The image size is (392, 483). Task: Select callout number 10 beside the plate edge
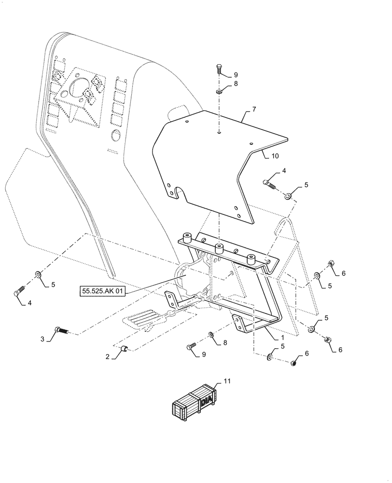275,156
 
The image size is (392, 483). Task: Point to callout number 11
227,382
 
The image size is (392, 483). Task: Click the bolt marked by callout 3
61,331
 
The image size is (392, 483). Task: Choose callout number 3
42,340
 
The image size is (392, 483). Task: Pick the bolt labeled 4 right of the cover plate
269,183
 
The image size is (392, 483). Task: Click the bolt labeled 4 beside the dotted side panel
18,292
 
